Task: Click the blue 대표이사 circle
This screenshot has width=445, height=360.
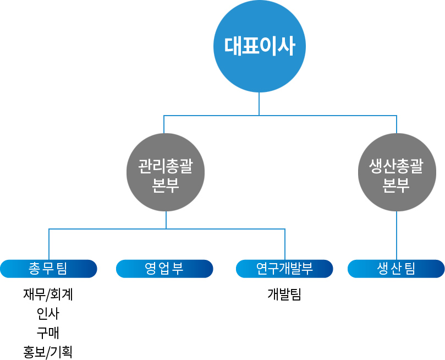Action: pos(260,46)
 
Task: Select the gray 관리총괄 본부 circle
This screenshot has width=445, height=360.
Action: pos(166,172)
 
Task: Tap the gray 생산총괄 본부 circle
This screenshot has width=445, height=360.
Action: pos(397,172)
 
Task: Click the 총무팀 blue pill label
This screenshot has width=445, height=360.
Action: pos(48,269)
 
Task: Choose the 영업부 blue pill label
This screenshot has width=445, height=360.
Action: pos(164,269)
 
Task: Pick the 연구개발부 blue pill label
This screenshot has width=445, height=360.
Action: pos(284,269)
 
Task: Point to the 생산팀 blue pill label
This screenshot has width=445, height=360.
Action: pos(396,269)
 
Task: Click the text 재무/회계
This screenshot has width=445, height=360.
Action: pos(48,294)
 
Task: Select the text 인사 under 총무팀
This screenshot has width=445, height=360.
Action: pos(48,314)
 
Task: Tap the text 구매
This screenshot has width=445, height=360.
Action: pos(48,332)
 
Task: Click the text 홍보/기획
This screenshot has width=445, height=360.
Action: pos(48,352)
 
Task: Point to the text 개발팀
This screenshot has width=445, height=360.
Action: pos(284,294)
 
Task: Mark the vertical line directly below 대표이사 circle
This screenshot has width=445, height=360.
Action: pos(259,104)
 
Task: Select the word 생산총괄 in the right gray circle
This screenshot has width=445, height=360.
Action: pos(397,165)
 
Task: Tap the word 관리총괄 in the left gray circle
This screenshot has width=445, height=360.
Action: pos(166,165)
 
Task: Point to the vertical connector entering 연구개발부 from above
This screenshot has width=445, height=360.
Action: pos(285,244)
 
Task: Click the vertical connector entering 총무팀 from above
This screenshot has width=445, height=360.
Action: pos(49,244)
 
